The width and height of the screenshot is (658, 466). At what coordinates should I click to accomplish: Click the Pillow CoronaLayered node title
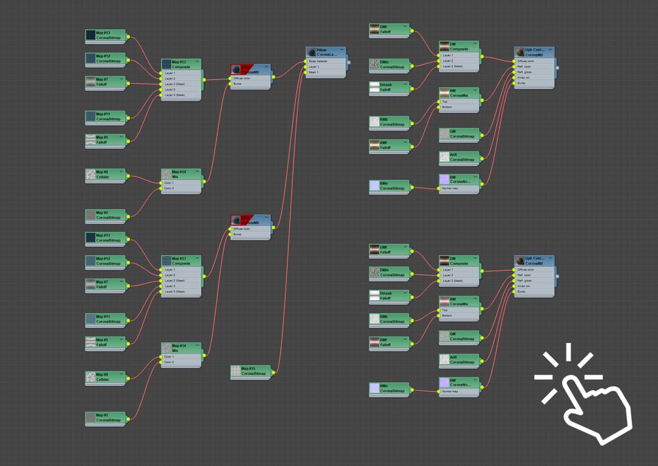[326, 52]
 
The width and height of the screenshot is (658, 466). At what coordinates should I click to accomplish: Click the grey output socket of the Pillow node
[349, 62]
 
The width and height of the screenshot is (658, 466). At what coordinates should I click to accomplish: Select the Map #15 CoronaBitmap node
[251, 371]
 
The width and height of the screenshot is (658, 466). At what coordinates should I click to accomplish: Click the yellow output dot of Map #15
[274, 372]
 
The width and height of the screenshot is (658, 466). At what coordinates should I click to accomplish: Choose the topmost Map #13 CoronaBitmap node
[106, 35]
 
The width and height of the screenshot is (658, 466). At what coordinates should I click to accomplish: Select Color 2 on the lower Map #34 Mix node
[179, 362]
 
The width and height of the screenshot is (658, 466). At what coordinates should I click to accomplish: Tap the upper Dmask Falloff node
[389, 87]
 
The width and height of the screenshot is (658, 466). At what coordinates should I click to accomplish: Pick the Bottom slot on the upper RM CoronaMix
[457, 107]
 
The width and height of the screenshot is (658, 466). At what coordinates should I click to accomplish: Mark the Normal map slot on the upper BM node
[457, 188]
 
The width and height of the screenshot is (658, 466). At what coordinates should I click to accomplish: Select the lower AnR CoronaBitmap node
[459, 360]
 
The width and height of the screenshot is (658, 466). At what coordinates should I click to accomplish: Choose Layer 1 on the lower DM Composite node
[457, 269]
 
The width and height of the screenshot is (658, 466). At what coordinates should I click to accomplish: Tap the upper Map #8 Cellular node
[106, 174]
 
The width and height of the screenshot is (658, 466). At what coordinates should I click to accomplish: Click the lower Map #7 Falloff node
[106, 284]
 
